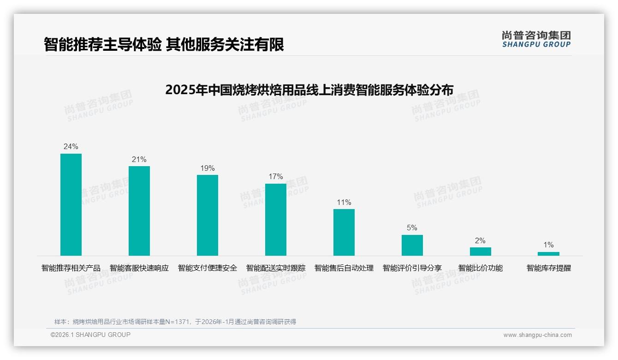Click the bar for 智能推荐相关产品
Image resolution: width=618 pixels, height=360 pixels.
tap(71, 204)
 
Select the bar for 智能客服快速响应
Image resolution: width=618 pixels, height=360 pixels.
tap(139, 211)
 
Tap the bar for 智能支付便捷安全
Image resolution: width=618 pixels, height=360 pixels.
tap(208, 215)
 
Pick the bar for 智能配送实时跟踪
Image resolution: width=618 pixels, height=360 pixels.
tap(276, 220)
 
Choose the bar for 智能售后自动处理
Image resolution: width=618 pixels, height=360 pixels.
tap(344, 232)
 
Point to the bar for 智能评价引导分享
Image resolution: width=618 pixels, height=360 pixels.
tap(412, 245)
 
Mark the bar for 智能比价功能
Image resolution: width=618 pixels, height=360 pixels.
tap(481, 252)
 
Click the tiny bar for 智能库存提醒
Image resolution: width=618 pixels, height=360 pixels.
tap(548, 254)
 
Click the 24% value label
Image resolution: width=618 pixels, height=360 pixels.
tap(71, 147)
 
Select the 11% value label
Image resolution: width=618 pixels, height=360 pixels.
tap(344, 202)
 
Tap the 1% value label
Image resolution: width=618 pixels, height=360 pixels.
tap(548, 245)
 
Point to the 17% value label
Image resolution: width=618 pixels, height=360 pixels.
tap(276, 177)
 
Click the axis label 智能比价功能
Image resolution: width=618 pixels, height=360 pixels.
tap(481, 268)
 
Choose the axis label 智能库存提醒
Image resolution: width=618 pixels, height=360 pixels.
tap(549, 268)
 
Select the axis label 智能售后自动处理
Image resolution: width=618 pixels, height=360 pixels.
tap(344, 268)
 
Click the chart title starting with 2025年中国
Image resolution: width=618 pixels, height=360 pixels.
tap(309, 90)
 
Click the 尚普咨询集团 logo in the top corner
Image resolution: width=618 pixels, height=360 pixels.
tap(536, 39)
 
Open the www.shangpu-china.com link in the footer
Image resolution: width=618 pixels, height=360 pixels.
tap(537, 335)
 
